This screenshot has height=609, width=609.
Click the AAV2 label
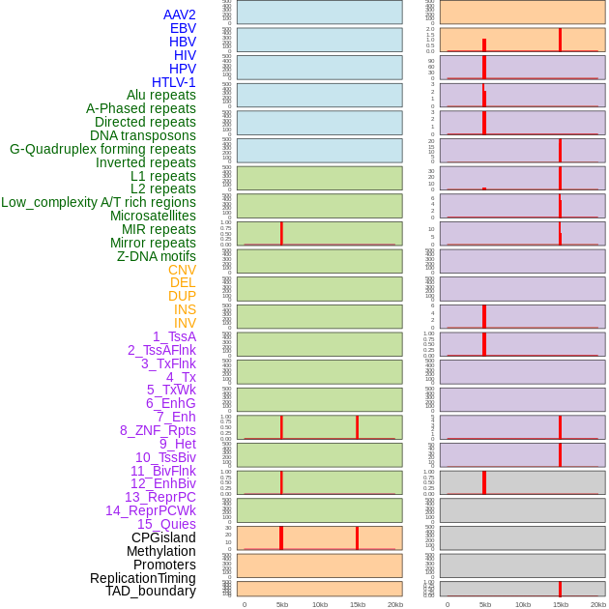point(179,14)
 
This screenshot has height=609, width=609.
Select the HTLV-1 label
point(173,82)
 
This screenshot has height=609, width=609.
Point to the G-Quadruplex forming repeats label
point(102,149)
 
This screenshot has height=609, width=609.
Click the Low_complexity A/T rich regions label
point(98,202)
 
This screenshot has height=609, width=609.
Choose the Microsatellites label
point(153,216)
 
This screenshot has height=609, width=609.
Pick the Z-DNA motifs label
point(156,256)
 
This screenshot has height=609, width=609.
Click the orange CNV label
point(182,270)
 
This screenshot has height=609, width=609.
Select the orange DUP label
point(182,296)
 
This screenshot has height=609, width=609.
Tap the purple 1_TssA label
point(174,336)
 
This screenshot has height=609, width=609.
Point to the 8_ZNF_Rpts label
point(158,430)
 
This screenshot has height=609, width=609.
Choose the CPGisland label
point(163,537)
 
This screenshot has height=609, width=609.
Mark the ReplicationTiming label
point(142,578)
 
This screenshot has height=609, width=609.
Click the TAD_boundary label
point(150,591)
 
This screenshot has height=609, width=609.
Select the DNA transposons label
point(142,135)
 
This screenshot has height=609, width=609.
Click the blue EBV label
point(183,28)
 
